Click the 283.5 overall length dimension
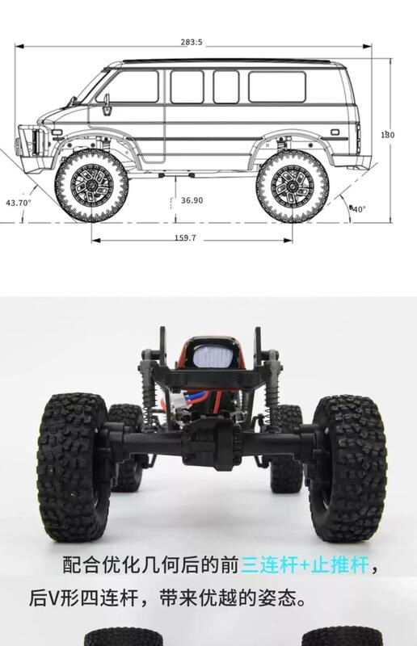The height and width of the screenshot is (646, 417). pyautogui.click(x=192, y=42)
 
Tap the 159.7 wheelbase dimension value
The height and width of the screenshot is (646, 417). pyautogui.click(x=185, y=237)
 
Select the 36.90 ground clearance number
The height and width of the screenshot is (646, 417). pyautogui.click(x=192, y=200)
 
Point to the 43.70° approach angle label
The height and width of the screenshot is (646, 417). pyautogui.click(x=19, y=203)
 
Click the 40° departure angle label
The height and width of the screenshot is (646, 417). pyautogui.click(x=358, y=209)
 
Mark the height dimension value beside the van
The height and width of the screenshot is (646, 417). pyautogui.click(x=388, y=135)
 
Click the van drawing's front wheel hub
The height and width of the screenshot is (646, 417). pyautogui.click(x=91, y=186)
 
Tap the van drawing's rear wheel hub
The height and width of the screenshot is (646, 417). pyautogui.click(x=292, y=187)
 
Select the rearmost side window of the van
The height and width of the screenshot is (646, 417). pyautogui.click(x=277, y=87)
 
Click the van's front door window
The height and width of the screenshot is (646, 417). pyautogui.click(x=130, y=86)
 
